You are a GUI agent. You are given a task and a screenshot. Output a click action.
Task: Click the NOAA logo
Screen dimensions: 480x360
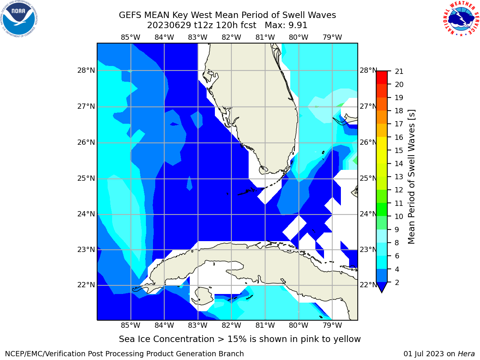tap(19, 19)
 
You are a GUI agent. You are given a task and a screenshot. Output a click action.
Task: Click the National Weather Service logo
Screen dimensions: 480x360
tap(461, 19)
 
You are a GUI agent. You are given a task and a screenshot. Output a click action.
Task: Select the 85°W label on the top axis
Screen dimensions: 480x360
tap(130, 37)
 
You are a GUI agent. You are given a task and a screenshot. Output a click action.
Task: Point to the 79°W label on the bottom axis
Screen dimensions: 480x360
tap(332, 325)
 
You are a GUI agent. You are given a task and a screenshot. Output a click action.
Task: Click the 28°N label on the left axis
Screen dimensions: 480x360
tap(86, 70)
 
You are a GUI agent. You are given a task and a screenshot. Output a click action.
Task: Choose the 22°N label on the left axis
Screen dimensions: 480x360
tap(86, 285)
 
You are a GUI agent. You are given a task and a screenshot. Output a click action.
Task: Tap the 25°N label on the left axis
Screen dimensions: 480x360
tap(86, 178)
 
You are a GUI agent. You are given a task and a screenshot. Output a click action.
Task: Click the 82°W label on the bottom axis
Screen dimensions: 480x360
tap(231, 325)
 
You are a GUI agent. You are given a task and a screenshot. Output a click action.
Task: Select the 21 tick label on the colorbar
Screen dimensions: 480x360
tap(399, 72)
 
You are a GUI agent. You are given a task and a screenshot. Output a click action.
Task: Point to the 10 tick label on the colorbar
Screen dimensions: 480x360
tap(399, 216)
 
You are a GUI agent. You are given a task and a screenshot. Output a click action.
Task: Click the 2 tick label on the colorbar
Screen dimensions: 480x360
tap(397, 282)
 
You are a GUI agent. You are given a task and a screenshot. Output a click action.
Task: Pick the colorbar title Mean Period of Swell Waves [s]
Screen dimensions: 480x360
tap(411, 177)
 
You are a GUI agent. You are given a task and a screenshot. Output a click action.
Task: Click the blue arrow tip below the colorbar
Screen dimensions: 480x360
tap(382, 292)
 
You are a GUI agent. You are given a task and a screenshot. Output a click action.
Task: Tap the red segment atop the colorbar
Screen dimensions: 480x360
tap(382, 78)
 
